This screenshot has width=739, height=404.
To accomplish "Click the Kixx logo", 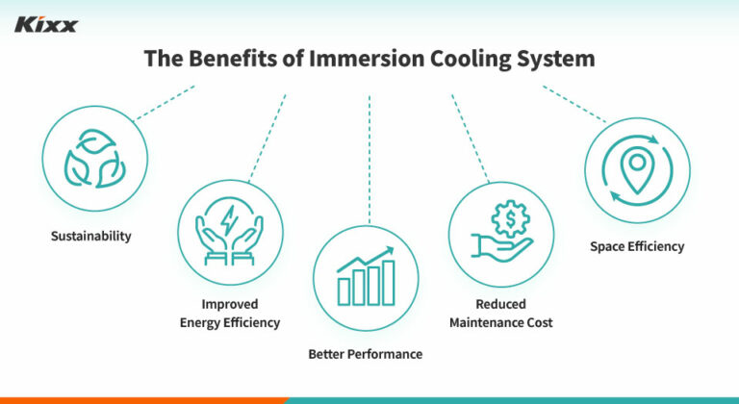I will pos(45,23).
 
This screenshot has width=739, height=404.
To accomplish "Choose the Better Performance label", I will pos(365,354).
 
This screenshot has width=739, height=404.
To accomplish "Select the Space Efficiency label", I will pos(637,246).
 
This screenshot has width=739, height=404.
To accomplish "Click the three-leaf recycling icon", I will pos(94,159).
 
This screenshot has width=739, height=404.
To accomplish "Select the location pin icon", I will pos(636,167).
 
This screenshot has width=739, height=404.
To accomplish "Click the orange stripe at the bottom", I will pos(144,399).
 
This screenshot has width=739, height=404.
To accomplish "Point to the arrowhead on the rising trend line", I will pos(391,250).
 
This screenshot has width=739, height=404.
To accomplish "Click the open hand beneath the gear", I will pos(495,246).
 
